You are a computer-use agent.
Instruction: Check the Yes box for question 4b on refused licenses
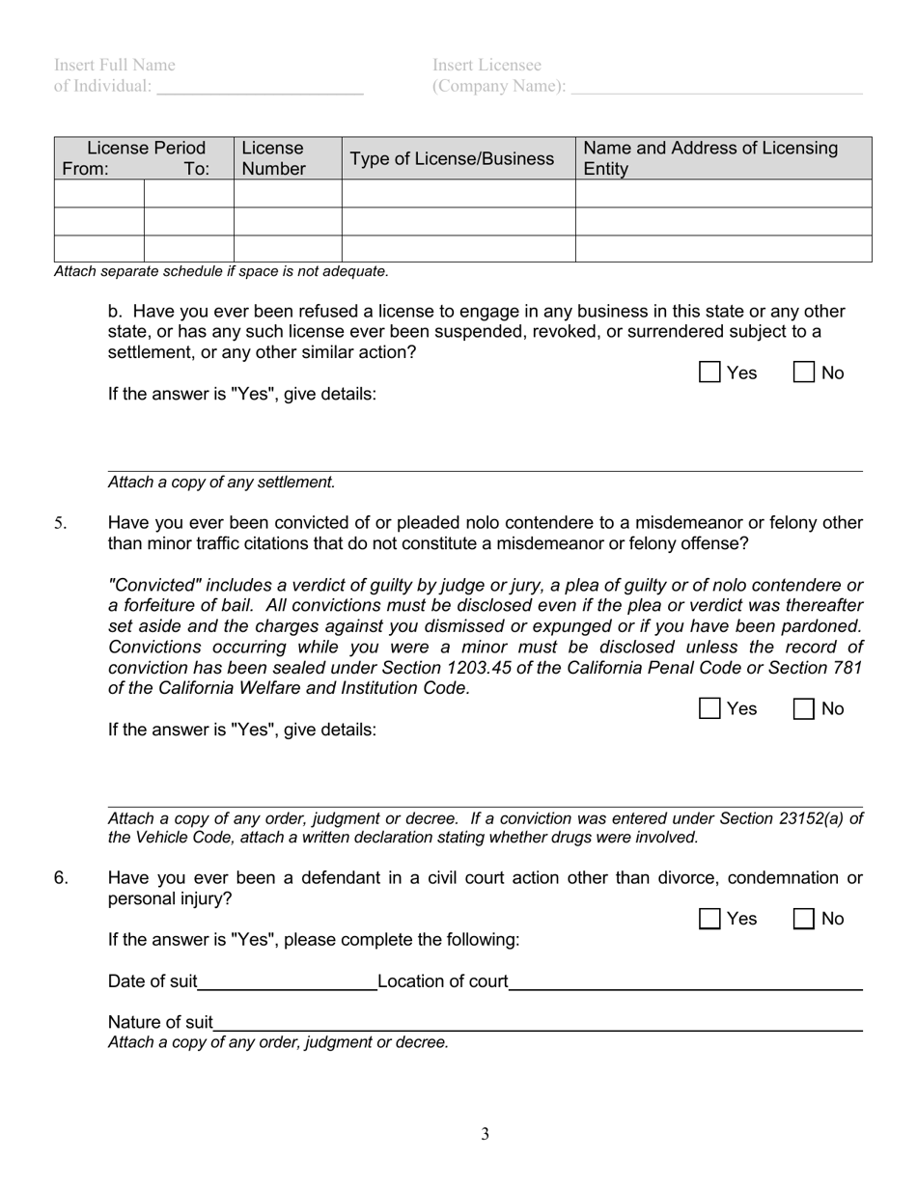click(x=709, y=373)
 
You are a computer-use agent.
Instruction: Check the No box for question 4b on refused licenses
click(x=803, y=373)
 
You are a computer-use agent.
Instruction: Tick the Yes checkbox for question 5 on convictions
click(x=709, y=708)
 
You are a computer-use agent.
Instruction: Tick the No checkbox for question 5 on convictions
click(x=803, y=708)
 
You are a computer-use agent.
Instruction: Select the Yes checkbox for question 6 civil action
click(x=709, y=919)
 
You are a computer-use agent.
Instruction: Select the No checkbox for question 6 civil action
click(x=803, y=919)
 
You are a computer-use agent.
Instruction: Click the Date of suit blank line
click(x=287, y=981)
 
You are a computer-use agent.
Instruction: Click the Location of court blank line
click(x=685, y=981)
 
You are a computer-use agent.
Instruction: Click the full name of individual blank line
click(x=260, y=87)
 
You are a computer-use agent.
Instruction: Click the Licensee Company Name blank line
click(x=716, y=87)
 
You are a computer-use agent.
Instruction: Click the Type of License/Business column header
click(x=452, y=158)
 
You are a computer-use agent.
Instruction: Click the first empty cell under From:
click(x=99, y=194)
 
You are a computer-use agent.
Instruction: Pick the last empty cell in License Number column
click(x=287, y=249)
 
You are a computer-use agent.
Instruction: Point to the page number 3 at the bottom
click(x=486, y=1134)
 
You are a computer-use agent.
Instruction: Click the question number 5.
click(x=60, y=523)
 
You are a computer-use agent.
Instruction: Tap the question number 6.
click(x=61, y=878)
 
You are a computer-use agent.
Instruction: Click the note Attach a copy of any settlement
click(x=221, y=482)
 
